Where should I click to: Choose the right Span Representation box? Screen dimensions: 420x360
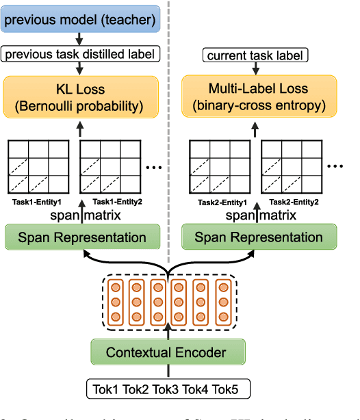pyautogui.click(x=259, y=237)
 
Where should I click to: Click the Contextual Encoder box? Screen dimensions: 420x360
pyautogui.click(x=168, y=353)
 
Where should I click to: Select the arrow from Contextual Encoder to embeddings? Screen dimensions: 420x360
pyautogui.click(x=168, y=332)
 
